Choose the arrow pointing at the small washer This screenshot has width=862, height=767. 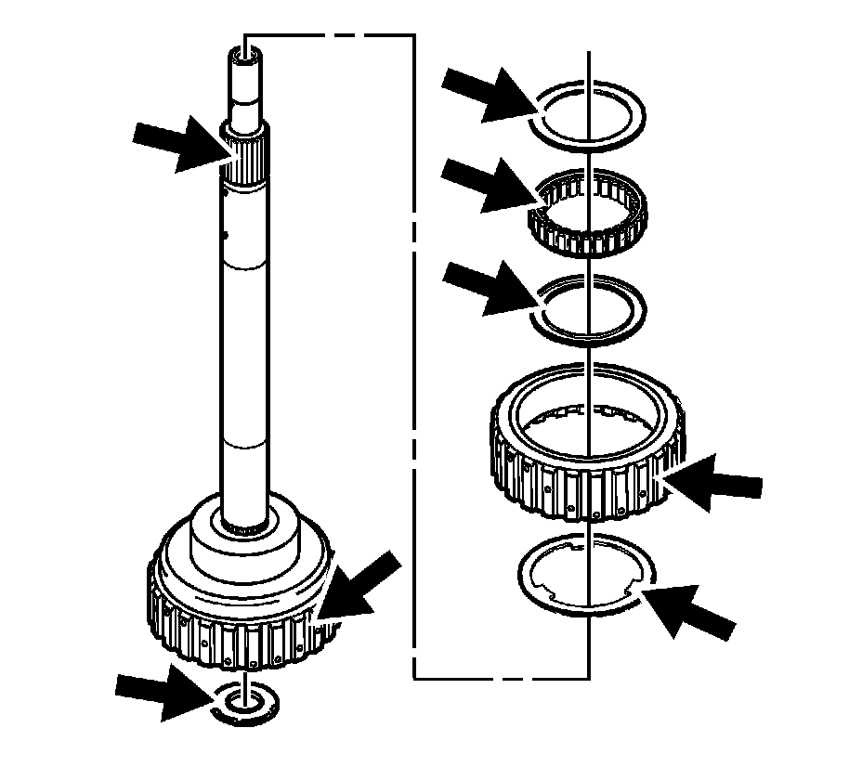(163, 691)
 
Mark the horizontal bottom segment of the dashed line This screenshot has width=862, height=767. (502, 678)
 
